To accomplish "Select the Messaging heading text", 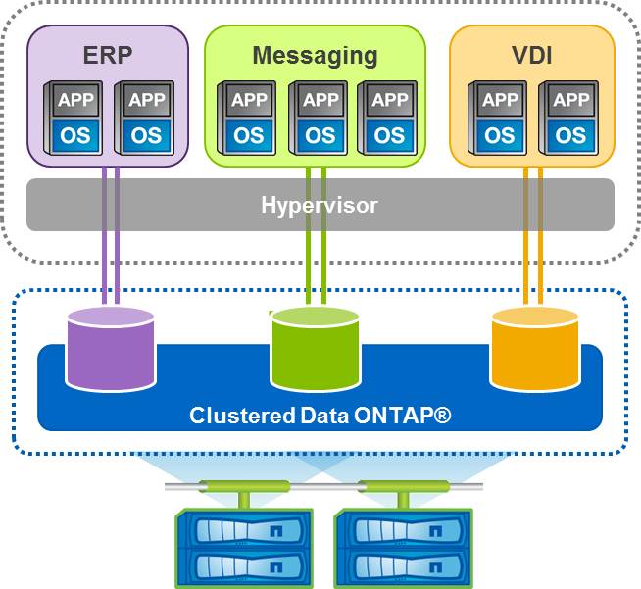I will (315, 55).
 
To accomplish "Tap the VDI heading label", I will (532, 55).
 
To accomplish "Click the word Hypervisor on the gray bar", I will (320, 206).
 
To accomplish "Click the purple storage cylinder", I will (111, 348).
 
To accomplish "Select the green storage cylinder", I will (316, 348).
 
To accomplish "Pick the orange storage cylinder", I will (535, 348).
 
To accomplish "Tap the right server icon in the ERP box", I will (145, 117).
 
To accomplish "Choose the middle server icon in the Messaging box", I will (319, 117).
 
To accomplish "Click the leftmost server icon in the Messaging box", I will (248, 117).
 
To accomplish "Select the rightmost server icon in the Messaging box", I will (388, 117).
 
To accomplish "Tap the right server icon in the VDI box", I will (567, 117).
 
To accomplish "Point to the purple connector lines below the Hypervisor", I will (111, 265).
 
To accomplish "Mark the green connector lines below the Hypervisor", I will (316, 265).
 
